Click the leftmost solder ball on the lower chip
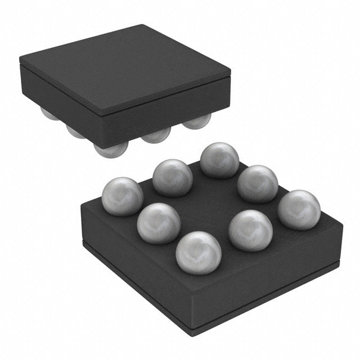coord(122,196)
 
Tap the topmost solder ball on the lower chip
coord(219,160)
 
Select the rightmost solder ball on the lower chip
coord(299,209)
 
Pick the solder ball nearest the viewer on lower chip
coord(198,253)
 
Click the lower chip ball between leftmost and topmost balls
coord(173,177)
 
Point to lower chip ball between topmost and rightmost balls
coord(258,183)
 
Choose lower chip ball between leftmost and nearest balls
coord(159,223)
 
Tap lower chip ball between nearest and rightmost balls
coord(251,230)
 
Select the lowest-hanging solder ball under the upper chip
coord(111,149)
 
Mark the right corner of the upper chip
coord(231,72)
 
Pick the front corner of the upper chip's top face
coord(101,110)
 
